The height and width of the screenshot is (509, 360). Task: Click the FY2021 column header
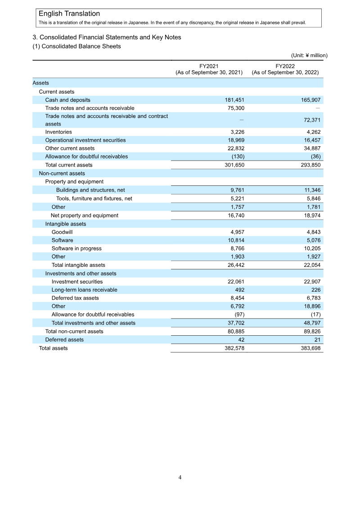pyautogui.click(x=209, y=69)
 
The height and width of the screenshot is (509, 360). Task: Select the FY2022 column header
pyautogui.click(x=285, y=69)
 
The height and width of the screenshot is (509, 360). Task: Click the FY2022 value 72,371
pyautogui.click(x=311, y=120)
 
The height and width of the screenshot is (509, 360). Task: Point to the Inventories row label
pyautogui.click(x=58, y=132)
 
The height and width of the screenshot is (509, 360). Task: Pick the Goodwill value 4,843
pyautogui.click(x=311, y=232)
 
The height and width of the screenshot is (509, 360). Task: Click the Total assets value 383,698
pyautogui.click(x=310, y=348)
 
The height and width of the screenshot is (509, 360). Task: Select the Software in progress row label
pyautogui.click(x=76, y=248)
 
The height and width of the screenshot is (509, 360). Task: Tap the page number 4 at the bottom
pyautogui.click(x=180, y=477)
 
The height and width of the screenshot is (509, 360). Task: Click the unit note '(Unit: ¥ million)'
pyautogui.click(x=309, y=55)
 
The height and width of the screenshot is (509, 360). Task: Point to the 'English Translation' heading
pyautogui.click(x=69, y=14)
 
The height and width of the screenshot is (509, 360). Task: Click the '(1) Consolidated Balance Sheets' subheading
pyautogui.click(x=76, y=46)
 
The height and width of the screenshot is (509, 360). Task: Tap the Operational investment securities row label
pyautogui.click(x=85, y=140)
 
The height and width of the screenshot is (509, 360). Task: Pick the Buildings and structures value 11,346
pyautogui.click(x=311, y=190)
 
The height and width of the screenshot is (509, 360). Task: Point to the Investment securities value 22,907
pyautogui.click(x=311, y=282)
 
